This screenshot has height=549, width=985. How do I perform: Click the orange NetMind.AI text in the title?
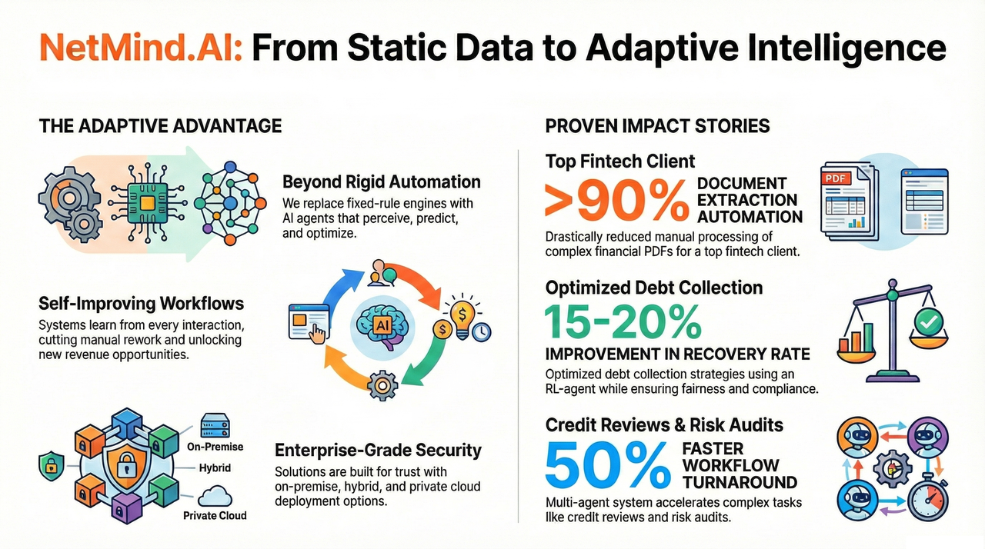[x=141, y=48]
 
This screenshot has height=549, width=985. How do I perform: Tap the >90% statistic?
[x=617, y=201]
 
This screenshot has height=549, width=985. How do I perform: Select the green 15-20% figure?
[x=623, y=322]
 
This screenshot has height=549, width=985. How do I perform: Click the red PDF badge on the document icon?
[x=836, y=178]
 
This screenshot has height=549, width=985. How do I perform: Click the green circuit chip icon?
[x=147, y=203]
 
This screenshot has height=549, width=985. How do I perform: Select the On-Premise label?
[x=215, y=447]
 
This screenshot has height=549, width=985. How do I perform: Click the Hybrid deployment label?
[x=215, y=467]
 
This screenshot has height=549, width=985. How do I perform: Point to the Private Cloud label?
[x=215, y=515]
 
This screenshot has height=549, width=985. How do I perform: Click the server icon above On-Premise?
[x=215, y=425]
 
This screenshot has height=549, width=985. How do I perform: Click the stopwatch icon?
[x=928, y=498]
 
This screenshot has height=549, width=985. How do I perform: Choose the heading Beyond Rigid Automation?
[x=381, y=181]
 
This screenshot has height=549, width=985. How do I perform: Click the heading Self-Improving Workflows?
[x=141, y=304]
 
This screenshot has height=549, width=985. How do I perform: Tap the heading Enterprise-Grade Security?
[x=378, y=450]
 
